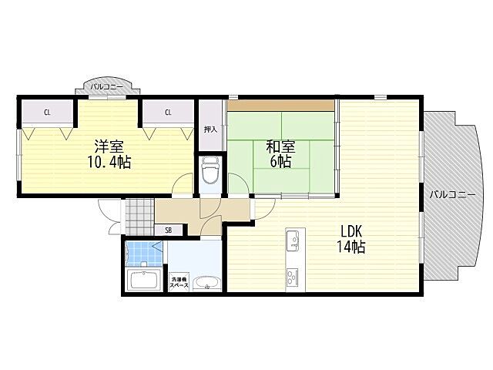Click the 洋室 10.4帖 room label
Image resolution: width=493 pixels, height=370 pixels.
(109, 154)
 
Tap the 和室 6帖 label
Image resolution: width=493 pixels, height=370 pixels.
(280, 154)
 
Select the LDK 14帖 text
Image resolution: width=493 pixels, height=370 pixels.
(351, 239)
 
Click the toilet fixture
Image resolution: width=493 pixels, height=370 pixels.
(210, 170)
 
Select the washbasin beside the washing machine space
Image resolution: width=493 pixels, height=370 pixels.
(206, 283)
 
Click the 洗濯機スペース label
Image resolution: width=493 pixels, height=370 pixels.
(179, 282)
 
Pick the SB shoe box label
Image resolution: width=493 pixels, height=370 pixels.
(169, 230)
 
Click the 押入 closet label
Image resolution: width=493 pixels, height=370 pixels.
(210, 129)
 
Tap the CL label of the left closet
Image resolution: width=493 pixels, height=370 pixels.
(47, 113)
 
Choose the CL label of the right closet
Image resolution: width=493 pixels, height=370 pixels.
(168, 113)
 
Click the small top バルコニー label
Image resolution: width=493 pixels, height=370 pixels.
(107, 87)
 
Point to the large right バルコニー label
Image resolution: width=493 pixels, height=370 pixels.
(453, 195)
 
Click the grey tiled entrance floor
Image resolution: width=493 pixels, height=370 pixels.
(140, 217)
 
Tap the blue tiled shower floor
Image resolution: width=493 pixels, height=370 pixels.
(145, 254)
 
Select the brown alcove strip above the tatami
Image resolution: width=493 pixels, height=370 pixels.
(280, 106)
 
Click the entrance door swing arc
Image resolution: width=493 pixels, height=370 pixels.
(106, 209)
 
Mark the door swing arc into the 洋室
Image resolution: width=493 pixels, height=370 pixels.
(179, 181)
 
